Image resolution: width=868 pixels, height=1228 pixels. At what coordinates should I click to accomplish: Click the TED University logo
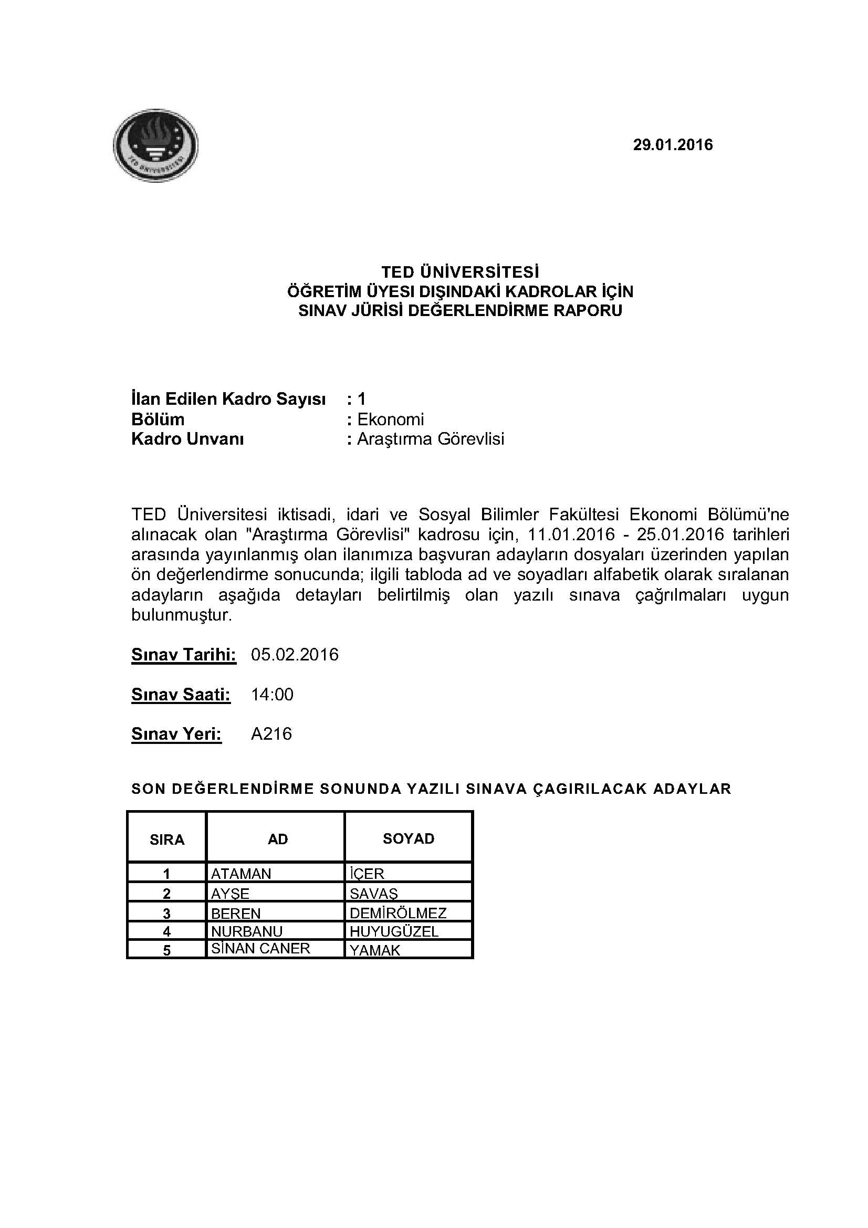[x=155, y=145]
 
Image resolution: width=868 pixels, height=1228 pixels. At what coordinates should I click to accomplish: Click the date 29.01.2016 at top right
[x=672, y=145]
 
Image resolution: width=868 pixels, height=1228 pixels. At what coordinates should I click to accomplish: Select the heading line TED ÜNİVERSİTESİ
[x=460, y=272]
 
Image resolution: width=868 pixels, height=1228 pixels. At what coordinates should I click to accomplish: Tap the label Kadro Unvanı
[x=187, y=439]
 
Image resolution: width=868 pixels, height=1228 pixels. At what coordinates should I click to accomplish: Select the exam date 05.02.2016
[x=295, y=655]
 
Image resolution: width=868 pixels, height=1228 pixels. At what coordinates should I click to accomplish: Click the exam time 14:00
[x=272, y=694]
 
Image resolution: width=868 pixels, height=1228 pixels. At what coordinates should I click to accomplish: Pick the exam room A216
[x=271, y=733]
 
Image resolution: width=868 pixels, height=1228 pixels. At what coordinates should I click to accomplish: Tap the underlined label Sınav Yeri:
[x=176, y=734]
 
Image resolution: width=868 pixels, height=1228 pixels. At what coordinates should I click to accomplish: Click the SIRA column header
[x=167, y=839]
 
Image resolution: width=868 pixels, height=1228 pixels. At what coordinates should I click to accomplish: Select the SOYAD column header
[x=408, y=838]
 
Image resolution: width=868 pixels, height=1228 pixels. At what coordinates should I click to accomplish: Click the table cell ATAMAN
[x=241, y=874]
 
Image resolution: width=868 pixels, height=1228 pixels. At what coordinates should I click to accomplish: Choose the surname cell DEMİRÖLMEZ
[x=398, y=913]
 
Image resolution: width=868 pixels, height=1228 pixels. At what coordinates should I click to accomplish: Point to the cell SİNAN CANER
[x=260, y=948]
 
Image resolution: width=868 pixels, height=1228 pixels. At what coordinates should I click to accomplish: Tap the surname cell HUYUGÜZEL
[x=394, y=931]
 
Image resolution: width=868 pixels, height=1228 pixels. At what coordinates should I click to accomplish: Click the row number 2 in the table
[x=167, y=893]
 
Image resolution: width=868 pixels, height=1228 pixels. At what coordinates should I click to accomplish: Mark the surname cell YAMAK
[x=375, y=950]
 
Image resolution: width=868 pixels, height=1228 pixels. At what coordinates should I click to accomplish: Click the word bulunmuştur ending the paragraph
[x=181, y=615]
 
